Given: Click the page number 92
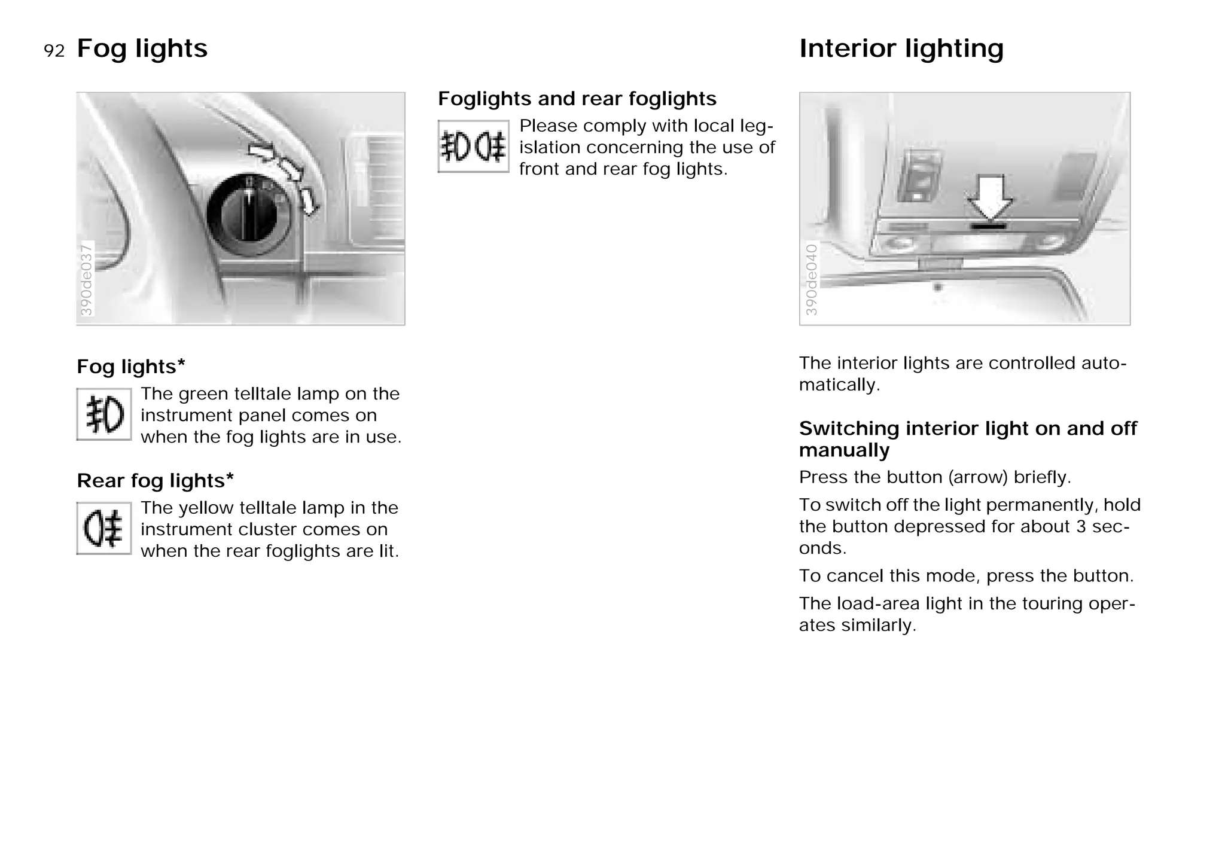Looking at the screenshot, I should point(54,51).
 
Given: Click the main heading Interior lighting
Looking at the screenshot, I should point(901,48).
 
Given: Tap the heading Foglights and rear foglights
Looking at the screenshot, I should point(577,99).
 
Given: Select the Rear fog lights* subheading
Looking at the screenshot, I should point(155,480).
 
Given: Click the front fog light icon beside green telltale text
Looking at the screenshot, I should point(104,414).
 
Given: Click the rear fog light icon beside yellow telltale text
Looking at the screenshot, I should point(104,529).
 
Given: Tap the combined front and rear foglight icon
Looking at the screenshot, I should point(473,147).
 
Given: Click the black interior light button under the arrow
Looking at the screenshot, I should point(988,226).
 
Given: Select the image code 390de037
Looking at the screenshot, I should point(87,279).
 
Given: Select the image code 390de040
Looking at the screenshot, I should point(811,279).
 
